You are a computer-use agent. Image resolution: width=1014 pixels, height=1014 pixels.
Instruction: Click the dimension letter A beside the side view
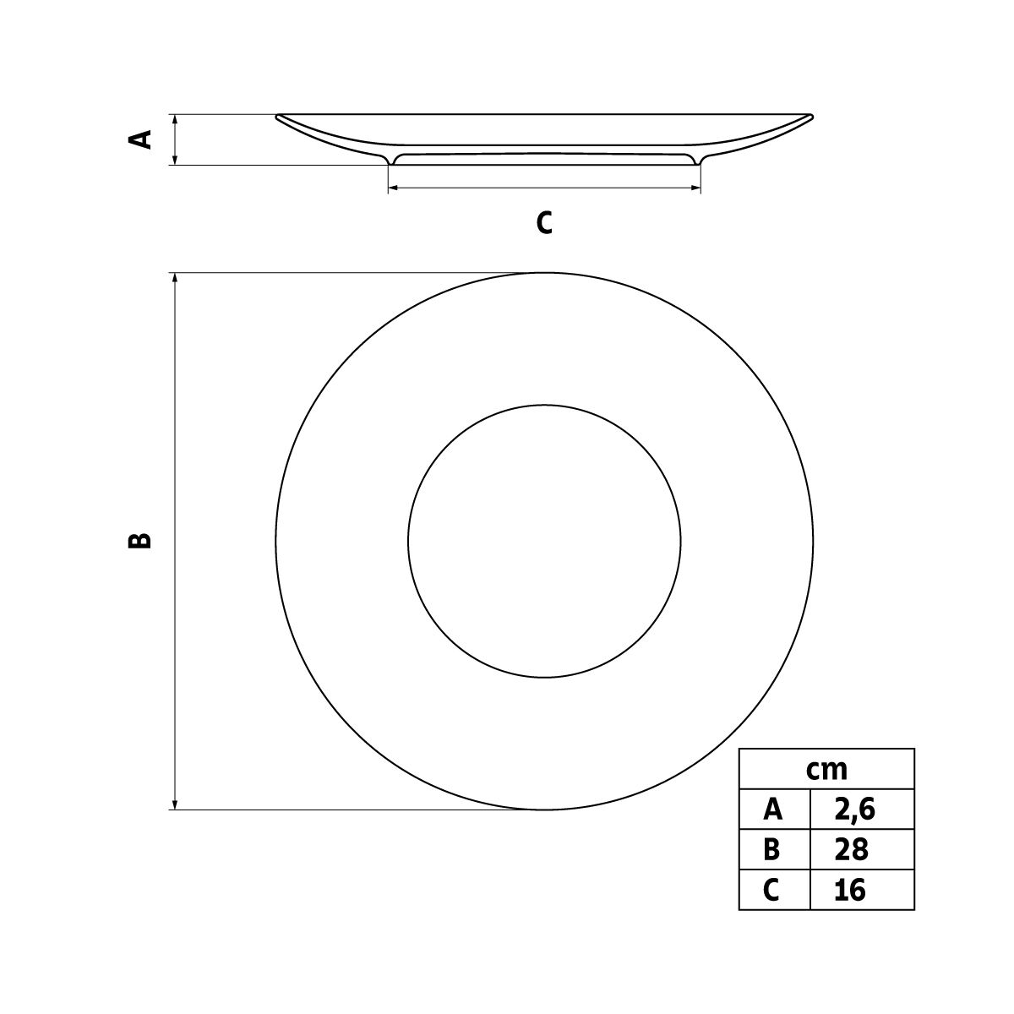(x=140, y=139)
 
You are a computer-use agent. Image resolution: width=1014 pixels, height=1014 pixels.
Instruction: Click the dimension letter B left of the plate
(x=140, y=540)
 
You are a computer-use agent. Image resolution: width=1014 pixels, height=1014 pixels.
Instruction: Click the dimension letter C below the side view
(x=544, y=222)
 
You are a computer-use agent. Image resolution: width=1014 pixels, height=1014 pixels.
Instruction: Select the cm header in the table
(x=826, y=770)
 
